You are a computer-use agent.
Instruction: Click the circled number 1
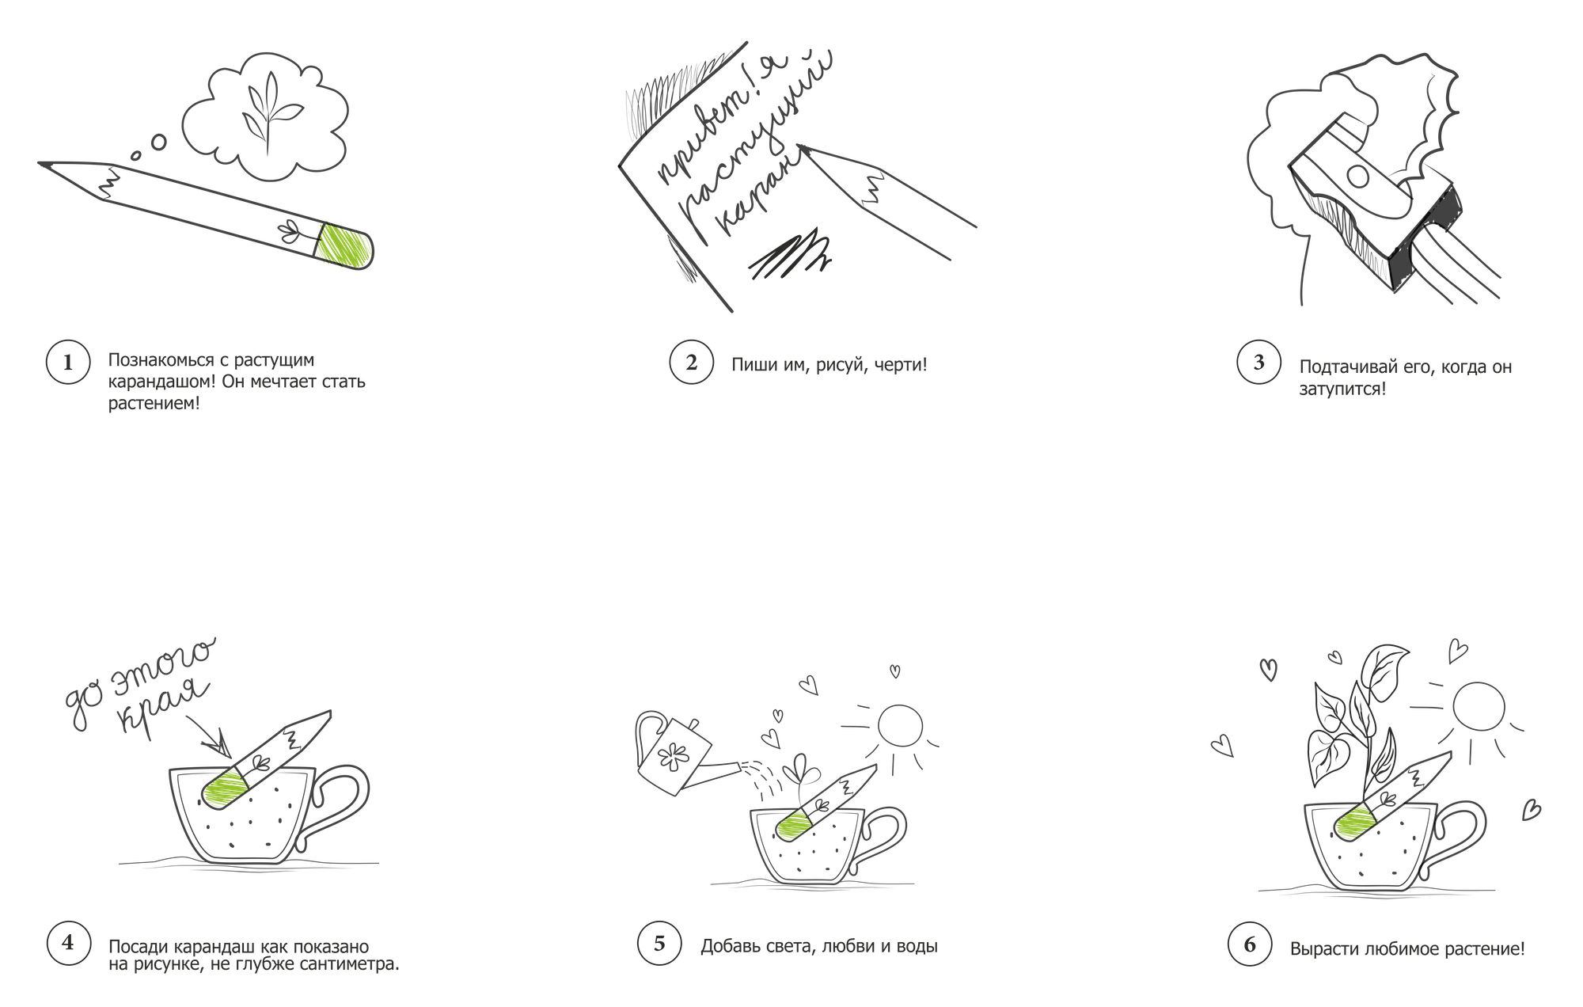coord(67,363)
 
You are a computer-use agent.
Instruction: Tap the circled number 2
coord(691,363)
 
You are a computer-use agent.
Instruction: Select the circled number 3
coord(1258,363)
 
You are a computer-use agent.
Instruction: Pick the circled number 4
coord(67,943)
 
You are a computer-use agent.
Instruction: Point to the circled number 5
coord(659,943)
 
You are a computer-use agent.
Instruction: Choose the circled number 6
coord(1250,944)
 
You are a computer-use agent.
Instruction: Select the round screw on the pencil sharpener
coord(1357,176)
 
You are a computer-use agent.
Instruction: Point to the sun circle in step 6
coord(1479,707)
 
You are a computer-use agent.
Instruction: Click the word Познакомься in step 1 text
coord(161,360)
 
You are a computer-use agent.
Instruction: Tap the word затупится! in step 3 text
coord(1342,389)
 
